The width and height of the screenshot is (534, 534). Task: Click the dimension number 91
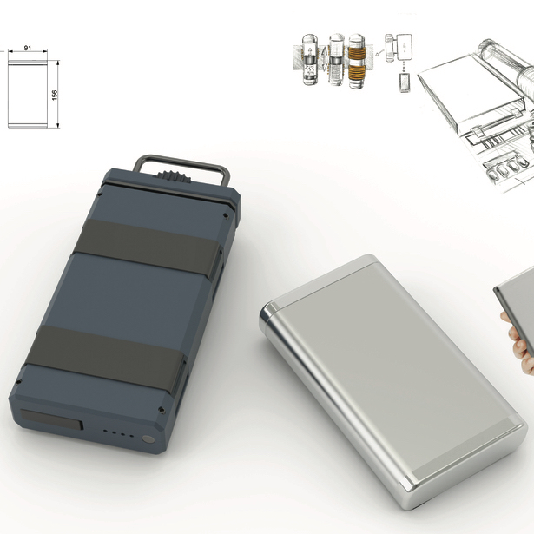pyautogui.click(x=28, y=48)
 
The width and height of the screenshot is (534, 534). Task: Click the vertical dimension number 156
pyautogui.click(x=55, y=95)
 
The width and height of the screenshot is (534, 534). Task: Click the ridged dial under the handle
pyautogui.click(x=174, y=177)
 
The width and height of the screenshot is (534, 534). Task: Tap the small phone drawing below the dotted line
pyautogui.click(x=405, y=82)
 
